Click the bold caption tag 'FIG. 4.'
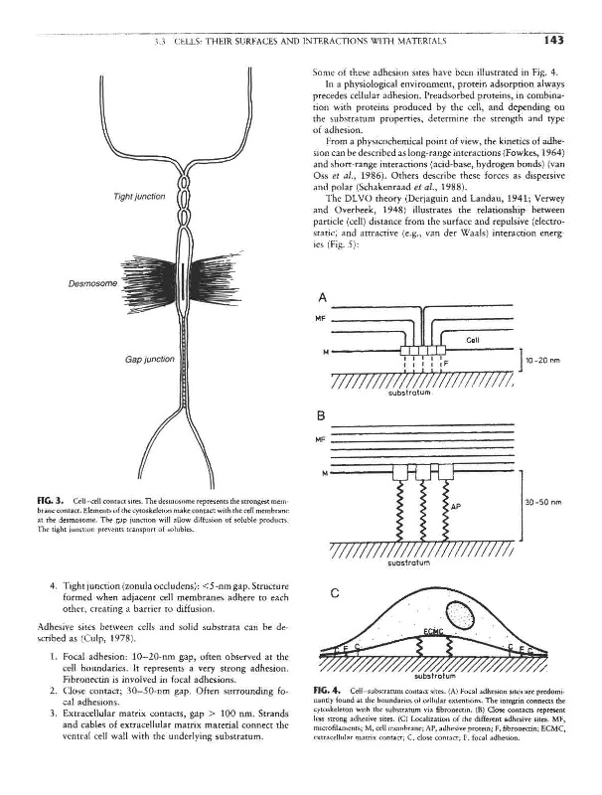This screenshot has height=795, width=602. tap(327, 716)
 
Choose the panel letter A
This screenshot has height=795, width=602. tap(322, 298)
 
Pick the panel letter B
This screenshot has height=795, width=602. tap(322, 416)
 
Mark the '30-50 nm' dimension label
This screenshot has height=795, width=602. tap(542, 502)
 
